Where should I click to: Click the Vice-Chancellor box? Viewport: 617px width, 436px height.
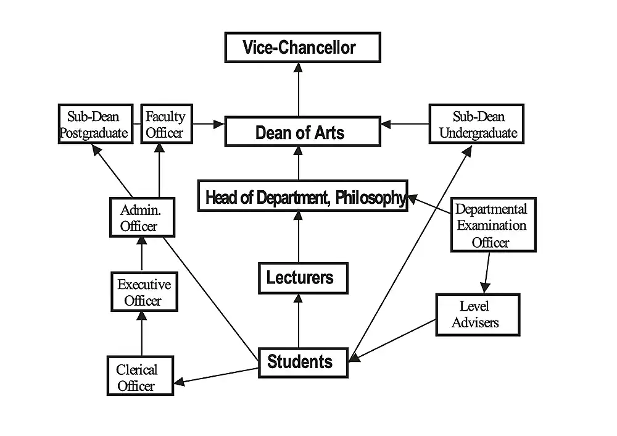click(302, 48)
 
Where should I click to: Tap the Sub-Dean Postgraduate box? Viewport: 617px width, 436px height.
click(96, 124)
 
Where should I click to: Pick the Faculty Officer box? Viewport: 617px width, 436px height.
click(166, 124)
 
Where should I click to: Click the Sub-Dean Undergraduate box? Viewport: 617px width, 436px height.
click(476, 124)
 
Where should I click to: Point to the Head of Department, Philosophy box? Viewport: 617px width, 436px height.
click(303, 196)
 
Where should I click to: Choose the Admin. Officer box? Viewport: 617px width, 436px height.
click(142, 217)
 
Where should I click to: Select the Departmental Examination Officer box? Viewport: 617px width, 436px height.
click(492, 225)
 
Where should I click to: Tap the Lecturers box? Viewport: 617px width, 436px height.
click(302, 278)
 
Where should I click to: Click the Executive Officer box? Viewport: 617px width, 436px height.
click(144, 292)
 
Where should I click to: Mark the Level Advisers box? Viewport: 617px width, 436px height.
click(477, 314)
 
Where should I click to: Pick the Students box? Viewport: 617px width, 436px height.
click(302, 361)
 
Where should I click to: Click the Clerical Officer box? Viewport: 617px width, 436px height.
click(139, 376)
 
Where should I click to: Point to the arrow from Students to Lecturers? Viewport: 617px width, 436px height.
click(299, 321)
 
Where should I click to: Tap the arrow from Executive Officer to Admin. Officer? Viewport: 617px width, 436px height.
click(142, 254)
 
